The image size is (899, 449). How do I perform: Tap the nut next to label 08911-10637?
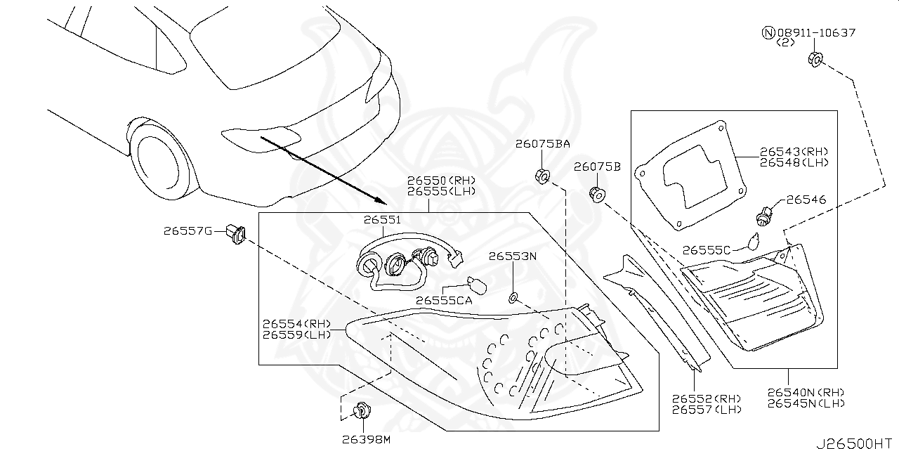(815, 59)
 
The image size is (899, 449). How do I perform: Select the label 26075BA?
(542, 144)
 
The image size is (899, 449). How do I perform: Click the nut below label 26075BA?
(542, 176)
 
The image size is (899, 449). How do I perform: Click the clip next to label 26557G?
(235, 233)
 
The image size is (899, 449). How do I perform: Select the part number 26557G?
(188, 230)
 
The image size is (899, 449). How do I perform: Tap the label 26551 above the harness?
(381, 220)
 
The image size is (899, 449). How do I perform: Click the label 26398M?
(365, 439)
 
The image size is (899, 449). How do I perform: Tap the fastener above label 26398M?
(362, 409)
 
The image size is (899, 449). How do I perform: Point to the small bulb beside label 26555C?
(752, 241)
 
